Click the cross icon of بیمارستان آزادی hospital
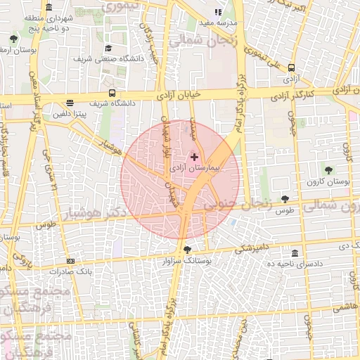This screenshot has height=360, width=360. pyautogui.click(x=195, y=157)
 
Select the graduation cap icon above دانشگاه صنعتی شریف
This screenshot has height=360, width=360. pyautogui.click(x=109, y=48)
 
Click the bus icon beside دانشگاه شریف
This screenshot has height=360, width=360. pyautogui.click(x=112, y=92)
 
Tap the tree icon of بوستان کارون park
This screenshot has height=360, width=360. pyautogui.click(x=328, y=169)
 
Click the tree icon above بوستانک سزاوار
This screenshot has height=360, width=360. pyautogui.click(x=186, y=249)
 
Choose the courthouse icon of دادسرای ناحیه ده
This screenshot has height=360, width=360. pyautogui.click(x=294, y=252)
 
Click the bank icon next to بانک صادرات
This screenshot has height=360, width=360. pyautogui.click(x=70, y=261)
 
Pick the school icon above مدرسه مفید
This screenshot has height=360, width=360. pyautogui.click(x=218, y=12)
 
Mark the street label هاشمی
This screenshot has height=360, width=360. pyautogui.click(x=345, y=307)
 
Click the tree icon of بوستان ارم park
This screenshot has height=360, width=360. pyautogui.click(x=14, y=39)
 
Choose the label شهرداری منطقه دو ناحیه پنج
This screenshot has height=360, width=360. pyautogui.click(x=46, y=22)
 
